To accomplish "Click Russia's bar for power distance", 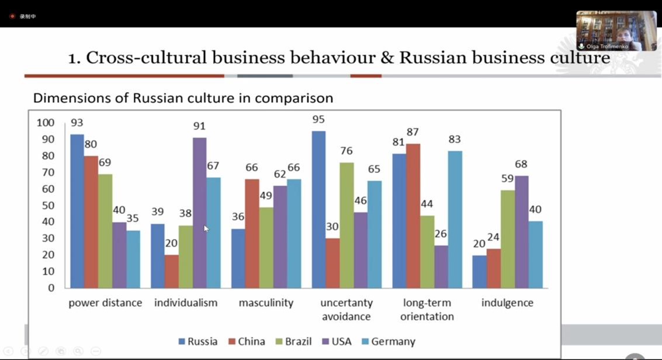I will (77, 210).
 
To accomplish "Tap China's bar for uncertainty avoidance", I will (332, 263).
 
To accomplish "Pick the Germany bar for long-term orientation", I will (455, 219).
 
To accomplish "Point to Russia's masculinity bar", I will (238, 258).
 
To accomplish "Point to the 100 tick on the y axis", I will (45, 123).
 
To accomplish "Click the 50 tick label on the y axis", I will (47, 205).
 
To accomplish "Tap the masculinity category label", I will (266, 303).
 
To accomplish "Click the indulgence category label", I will (507, 303).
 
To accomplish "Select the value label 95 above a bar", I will (318, 120).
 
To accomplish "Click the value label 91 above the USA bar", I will (199, 126).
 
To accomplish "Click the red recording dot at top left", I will (12, 16).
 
